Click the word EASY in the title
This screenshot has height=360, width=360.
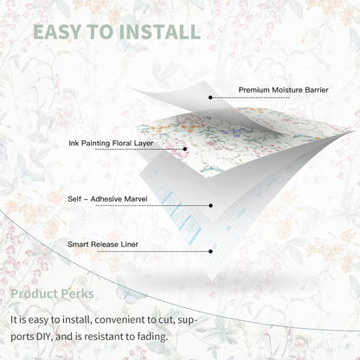(x=57, y=32)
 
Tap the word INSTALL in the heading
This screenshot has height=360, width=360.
(x=160, y=32)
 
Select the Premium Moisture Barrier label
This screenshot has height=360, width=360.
(x=283, y=90)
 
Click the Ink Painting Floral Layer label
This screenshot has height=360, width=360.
(x=111, y=144)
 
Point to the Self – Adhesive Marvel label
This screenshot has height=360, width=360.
(x=107, y=199)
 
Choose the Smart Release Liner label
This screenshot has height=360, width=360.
(x=103, y=244)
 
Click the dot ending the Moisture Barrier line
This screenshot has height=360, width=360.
(x=210, y=98)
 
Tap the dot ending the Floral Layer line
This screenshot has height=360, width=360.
(x=185, y=149)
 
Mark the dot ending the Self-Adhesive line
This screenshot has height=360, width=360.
(x=210, y=205)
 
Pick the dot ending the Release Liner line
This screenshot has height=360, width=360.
(x=210, y=252)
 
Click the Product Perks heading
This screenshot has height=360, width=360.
(x=52, y=294)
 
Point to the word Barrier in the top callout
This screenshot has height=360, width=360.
(x=316, y=90)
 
